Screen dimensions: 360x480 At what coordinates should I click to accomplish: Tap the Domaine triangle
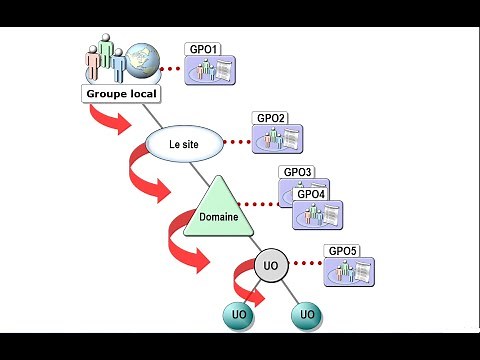(x=217, y=209)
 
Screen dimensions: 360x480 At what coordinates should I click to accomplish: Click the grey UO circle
(x=269, y=266)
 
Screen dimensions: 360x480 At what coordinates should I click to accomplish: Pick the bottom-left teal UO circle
(x=239, y=316)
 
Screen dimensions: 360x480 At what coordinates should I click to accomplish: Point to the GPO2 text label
(x=271, y=118)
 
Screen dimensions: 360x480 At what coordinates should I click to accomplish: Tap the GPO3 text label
(x=298, y=172)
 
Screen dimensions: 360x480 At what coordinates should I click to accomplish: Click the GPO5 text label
(x=342, y=250)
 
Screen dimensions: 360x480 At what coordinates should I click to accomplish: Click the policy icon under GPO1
(x=213, y=72)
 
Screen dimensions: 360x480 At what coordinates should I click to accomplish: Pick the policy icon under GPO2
(x=278, y=140)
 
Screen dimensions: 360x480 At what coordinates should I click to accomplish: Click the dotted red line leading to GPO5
(x=305, y=265)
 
